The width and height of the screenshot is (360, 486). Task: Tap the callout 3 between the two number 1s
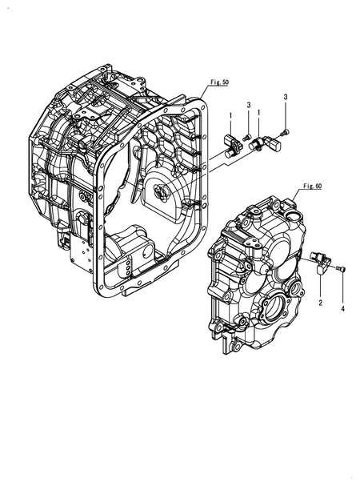[x=248, y=106]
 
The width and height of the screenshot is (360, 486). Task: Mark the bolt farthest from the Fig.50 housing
[x=286, y=131]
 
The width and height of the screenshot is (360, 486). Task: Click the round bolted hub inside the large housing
[x=158, y=192]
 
